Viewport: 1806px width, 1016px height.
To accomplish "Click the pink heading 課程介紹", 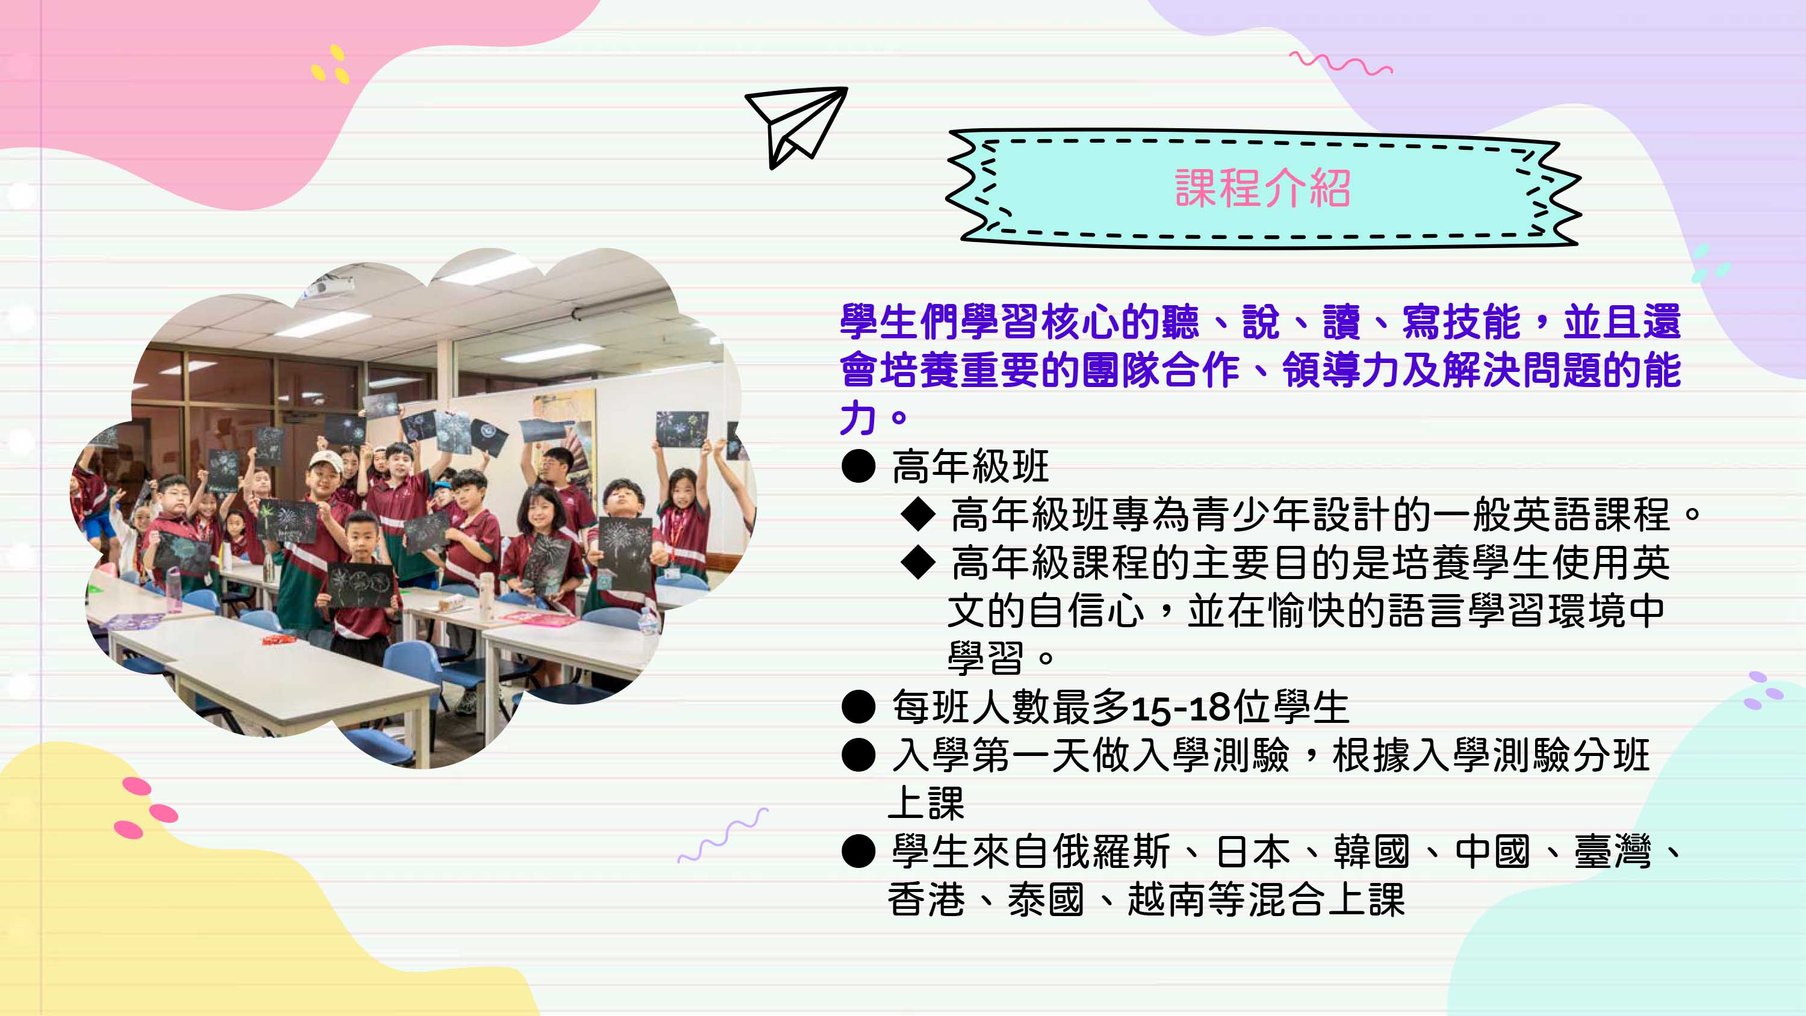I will pyautogui.click(x=1262, y=188).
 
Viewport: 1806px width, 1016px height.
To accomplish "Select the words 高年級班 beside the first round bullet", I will pyautogui.click(x=970, y=466).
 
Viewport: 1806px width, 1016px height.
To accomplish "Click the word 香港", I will pyautogui.click(x=926, y=900).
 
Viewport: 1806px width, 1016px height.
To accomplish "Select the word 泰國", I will pyautogui.click(x=1046, y=900).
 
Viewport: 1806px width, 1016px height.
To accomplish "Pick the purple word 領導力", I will pyautogui.click(x=1341, y=370).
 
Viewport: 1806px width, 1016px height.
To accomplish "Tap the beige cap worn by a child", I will pyautogui.click(x=325, y=460).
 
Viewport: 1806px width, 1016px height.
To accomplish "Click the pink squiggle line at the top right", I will pyautogui.click(x=1341, y=64).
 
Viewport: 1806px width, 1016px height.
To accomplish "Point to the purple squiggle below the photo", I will pyautogui.click(x=723, y=836).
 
